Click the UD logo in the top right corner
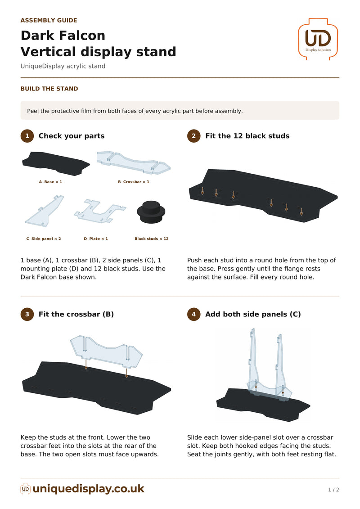(318, 39)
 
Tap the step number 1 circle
(27, 136)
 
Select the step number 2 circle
(194, 136)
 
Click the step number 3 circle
(27, 314)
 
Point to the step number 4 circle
(194, 314)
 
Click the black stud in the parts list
(151, 212)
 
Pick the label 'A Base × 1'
(50, 182)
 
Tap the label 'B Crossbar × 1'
(133, 182)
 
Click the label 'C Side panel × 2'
(44, 239)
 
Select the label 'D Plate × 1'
(96, 239)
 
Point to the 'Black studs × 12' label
(152, 239)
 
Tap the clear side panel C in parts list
(44, 212)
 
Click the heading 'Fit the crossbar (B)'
(76, 314)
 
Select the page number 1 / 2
(333, 490)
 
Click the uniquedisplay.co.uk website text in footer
(89, 489)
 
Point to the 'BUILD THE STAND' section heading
(49, 89)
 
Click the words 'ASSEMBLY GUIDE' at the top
(49, 20)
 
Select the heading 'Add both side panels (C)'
(253, 314)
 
